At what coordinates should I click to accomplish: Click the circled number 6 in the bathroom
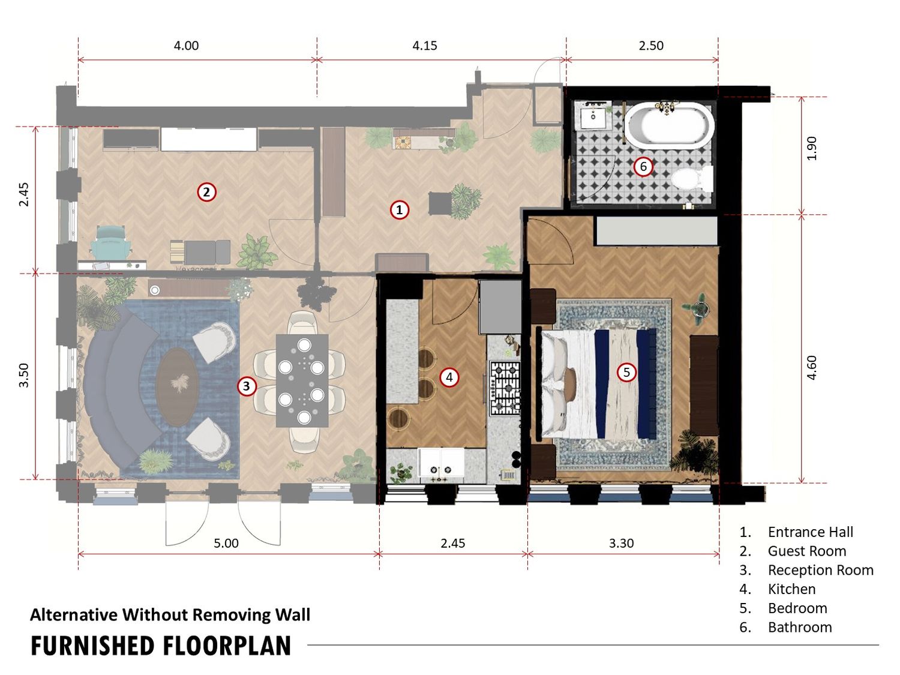tap(643, 166)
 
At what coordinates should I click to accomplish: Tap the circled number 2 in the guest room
tap(206, 192)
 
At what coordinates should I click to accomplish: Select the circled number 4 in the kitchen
tap(449, 377)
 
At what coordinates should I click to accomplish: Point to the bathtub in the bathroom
tap(669, 124)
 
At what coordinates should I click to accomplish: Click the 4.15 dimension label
tap(424, 46)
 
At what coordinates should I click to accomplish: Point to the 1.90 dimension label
tap(811, 148)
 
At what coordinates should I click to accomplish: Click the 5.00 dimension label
tap(226, 543)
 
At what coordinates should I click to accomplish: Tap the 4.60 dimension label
tap(811, 368)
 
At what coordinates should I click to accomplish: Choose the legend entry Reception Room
tap(820, 570)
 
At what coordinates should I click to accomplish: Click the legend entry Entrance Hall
tap(810, 532)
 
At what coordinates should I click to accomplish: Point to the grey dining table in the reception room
tap(302, 381)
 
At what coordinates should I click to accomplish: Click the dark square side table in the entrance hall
tap(440, 203)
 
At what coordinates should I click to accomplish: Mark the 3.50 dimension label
tap(24, 376)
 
